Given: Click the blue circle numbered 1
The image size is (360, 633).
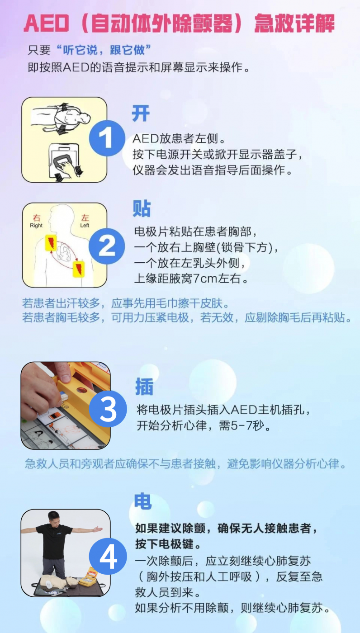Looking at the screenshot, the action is [x=107, y=138].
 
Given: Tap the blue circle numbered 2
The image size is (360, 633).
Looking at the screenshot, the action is [x=107, y=246].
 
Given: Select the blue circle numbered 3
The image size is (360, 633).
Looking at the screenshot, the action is [x=108, y=409].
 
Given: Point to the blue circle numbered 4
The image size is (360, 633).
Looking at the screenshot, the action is [x=108, y=556].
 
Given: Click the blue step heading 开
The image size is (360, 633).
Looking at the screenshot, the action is [x=141, y=113].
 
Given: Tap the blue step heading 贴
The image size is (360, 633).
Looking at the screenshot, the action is [x=142, y=208].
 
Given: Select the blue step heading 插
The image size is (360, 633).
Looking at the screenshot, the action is [x=144, y=386].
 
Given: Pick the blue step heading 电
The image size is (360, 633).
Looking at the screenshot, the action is [x=143, y=501].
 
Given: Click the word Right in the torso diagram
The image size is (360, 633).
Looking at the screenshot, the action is [x=36, y=226].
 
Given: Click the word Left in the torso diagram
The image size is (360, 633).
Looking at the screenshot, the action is [x=85, y=226].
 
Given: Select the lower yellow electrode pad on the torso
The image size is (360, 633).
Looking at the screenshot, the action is [x=79, y=269].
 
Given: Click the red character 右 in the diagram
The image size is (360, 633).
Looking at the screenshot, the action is [x=37, y=217].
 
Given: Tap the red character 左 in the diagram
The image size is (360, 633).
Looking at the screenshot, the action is [x=85, y=217].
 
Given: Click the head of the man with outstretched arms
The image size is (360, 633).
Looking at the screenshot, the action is [x=54, y=518].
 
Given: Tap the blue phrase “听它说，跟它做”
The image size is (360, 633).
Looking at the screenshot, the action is [x=103, y=50].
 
